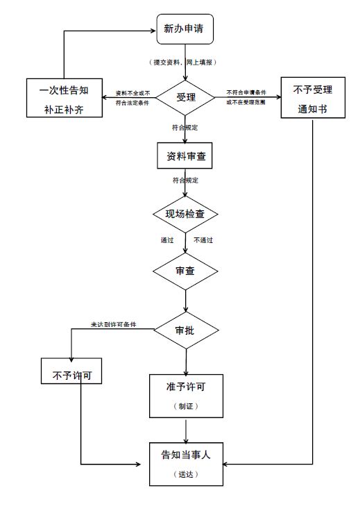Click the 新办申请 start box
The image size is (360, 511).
click(184, 30)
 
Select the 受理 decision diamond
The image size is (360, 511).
click(185, 97)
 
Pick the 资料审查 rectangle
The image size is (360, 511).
click(184, 156)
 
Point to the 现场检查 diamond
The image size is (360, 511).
click(185, 214)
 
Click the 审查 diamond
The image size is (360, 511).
click(185, 271)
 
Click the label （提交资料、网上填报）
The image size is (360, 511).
click(185, 62)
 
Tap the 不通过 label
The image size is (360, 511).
click(202, 240)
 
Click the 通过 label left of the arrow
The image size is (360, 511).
click(167, 240)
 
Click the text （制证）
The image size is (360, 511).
click(185, 405)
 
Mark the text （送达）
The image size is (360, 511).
click(185, 474)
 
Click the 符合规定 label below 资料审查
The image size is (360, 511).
click(185, 181)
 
